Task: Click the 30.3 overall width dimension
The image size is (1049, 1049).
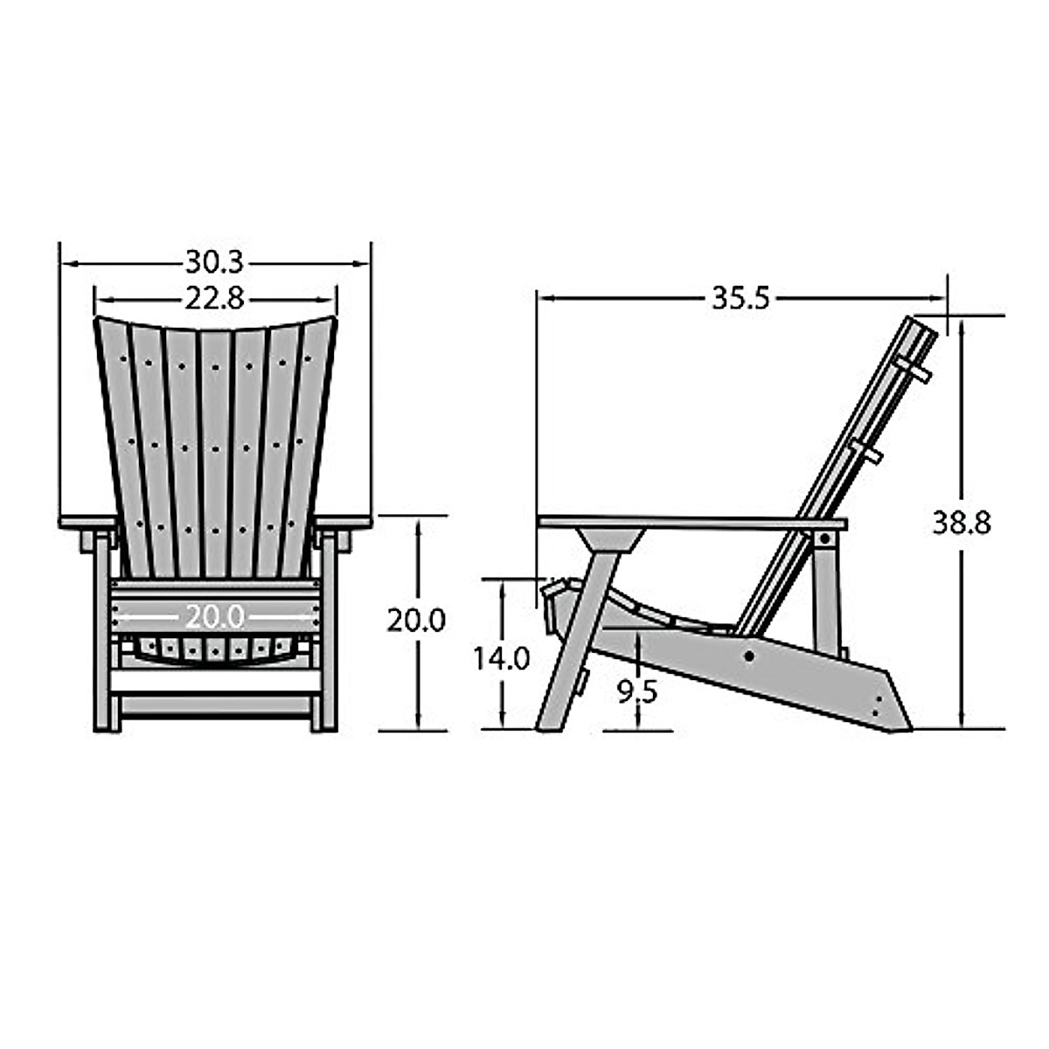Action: tap(214, 261)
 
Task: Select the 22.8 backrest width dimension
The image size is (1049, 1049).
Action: tap(214, 299)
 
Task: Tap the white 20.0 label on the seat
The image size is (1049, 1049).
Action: tap(214, 617)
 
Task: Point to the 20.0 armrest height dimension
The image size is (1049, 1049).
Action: tap(416, 620)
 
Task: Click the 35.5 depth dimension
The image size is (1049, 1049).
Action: tap(740, 298)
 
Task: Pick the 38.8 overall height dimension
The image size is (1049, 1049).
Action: tap(962, 523)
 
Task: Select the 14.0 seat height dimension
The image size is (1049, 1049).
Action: tap(502, 657)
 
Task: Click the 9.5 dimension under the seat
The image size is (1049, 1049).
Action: tap(637, 691)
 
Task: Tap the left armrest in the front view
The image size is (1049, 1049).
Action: tap(87, 523)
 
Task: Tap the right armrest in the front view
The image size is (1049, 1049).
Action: tap(343, 523)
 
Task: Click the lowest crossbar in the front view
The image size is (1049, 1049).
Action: tap(214, 704)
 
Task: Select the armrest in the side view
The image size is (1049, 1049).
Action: tap(691, 523)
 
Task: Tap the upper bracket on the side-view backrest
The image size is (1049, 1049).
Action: tap(912, 368)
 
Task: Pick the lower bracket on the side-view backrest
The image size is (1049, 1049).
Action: tap(866, 452)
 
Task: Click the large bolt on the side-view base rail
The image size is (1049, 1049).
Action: tap(749, 656)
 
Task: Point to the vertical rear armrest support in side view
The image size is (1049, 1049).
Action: tap(824, 586)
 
